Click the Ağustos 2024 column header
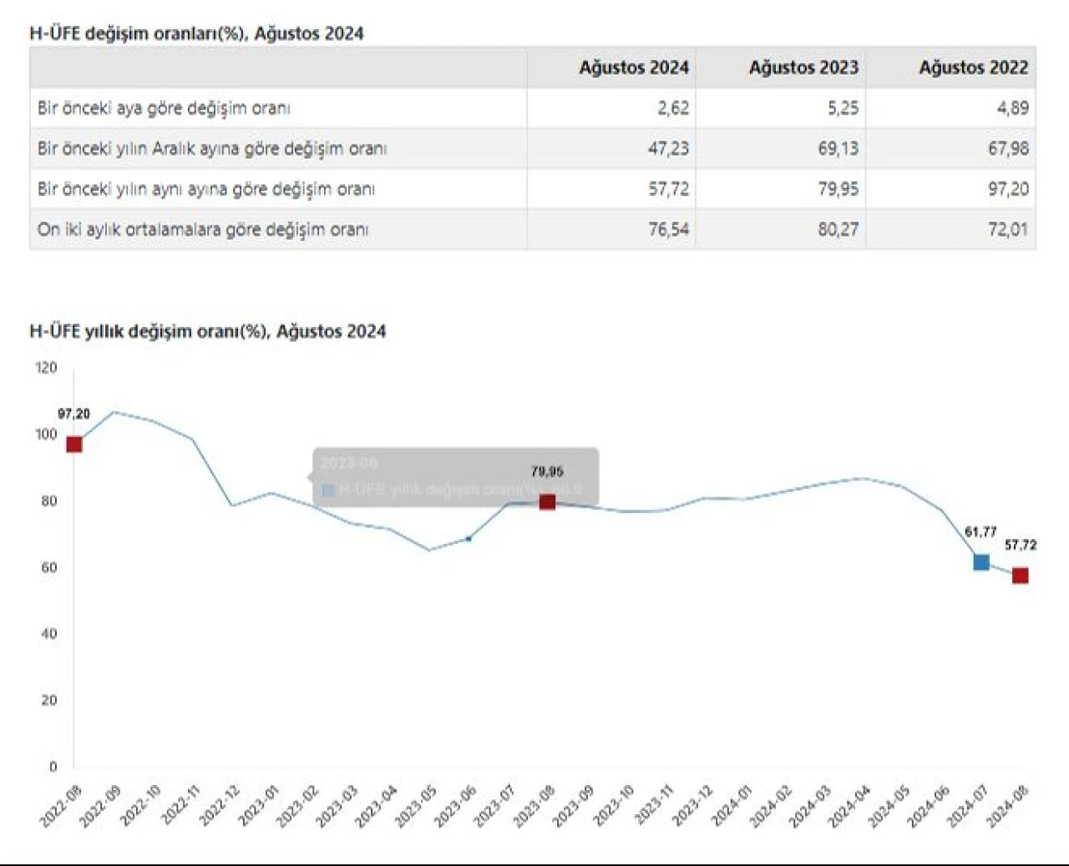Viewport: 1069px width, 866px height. [634, 68]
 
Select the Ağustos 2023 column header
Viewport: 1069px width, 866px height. [803, 68]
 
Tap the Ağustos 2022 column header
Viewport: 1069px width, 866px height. [973, 68]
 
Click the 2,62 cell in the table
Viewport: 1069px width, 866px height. [673, 108]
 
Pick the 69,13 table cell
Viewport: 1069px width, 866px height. [838, 149]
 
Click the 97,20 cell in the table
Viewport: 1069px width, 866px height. [1008, 189]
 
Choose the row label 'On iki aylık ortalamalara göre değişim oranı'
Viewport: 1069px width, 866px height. [203, 229]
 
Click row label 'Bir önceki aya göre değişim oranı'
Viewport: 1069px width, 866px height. [164, 108]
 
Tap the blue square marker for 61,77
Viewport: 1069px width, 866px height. [981, 562]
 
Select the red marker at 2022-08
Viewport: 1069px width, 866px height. [74, 444]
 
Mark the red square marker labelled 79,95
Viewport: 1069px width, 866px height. [547, 501]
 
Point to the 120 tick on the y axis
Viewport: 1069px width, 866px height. [47, 368]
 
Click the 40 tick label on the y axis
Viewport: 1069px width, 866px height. [49, 634]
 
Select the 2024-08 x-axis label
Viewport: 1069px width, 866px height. [1009, 805]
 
